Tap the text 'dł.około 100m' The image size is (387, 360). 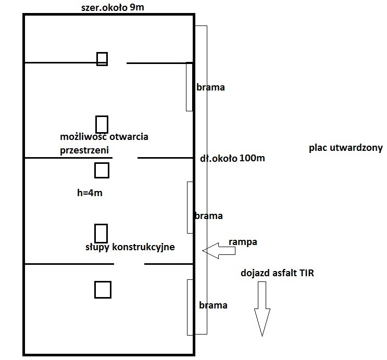pyautogui.click(x=232, y=158)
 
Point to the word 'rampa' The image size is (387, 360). pyautogui.click(x=243, y=242)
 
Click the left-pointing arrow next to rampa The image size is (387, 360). pyautogui.click(x=219, y=251)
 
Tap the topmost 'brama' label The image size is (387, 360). pyautogui.click(x=210, y=87)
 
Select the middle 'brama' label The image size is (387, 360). pyautogui.click(x=208, y=215)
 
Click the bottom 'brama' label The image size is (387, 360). pyautogui.click(x=213, y=305)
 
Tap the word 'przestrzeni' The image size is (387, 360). pyautogui.click(x=88, y=149)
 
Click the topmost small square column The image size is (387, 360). pyautogui.click(x=102, y=59)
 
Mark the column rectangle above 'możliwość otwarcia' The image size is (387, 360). pyautogui.click(x=102, y=124)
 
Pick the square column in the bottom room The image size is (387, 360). pyautogui.click(x=103, y=289)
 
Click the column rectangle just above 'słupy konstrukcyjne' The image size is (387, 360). pyautogui.click(x=101, y=232)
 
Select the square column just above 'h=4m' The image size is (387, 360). pyautogui.click(x=102, y=170)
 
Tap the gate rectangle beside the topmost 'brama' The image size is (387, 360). pyautogui.click(x=189, y=86)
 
